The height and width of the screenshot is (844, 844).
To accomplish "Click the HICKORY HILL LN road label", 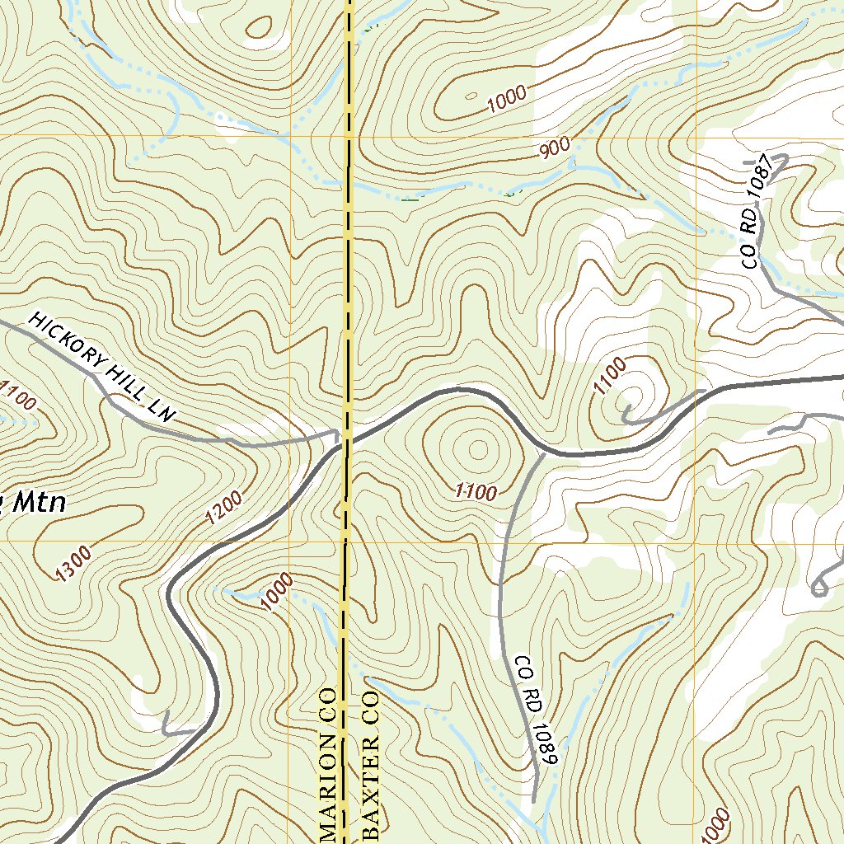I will point(103,368).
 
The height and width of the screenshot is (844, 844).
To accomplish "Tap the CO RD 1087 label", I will point(759,212).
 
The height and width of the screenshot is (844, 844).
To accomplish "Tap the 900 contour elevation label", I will point(556,149).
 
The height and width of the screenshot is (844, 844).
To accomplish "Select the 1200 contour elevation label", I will point(224,508).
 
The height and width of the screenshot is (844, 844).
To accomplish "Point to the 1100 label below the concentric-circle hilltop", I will point(476,492).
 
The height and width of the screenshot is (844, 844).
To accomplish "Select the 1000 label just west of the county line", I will point(279,591).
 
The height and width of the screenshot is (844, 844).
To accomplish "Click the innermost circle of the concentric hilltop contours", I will point(478,449).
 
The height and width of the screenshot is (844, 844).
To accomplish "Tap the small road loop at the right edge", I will point(819,587).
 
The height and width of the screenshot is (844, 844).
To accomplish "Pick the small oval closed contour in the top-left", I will point(259,26).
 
